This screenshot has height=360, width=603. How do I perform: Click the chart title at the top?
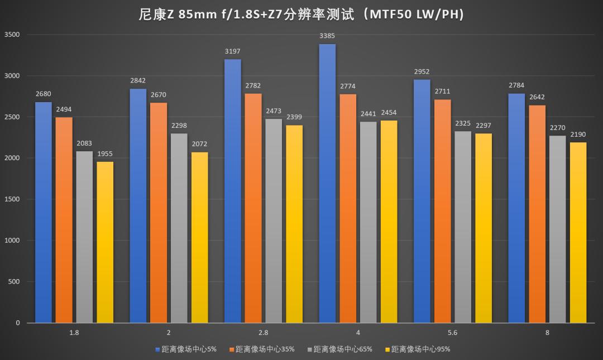pos(301,14)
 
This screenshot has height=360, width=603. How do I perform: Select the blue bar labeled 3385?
pos(327,184)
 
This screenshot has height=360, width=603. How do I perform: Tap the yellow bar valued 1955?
pos(105,243)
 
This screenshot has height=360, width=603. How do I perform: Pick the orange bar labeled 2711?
pos(443,212)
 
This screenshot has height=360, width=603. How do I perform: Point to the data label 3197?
pos(232,51)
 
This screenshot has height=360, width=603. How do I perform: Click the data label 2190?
pos(578,135)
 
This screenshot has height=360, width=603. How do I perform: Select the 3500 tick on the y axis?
pos(12,35)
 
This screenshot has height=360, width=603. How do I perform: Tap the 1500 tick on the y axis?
pos(12,199)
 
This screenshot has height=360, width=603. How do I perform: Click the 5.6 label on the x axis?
pos(452,333)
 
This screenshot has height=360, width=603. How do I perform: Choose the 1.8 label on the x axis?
pos(74,333)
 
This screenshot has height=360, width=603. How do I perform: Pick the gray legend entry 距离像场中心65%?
pos(339,349)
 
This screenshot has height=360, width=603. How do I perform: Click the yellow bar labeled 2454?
pos(389,222)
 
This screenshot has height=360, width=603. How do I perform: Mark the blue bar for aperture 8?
pos(516,209)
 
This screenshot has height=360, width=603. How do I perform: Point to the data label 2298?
pos(179,126)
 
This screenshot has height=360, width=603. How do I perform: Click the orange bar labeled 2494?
pos(64,220)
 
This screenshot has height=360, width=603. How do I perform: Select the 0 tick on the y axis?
pos(17,323)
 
